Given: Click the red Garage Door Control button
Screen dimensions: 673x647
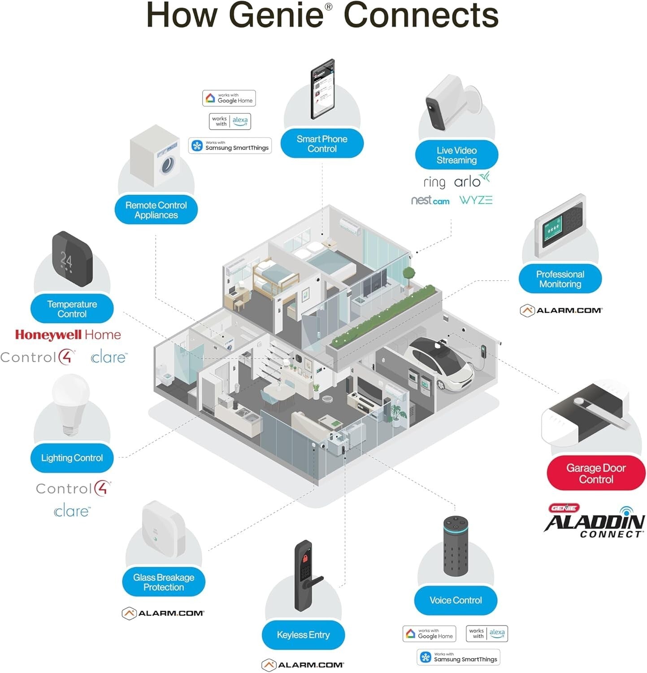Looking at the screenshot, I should [x=595, y=473].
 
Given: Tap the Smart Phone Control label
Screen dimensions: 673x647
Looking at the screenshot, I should [x=322, y=144].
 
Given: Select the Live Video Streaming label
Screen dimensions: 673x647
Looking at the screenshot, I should [x=456, y=155].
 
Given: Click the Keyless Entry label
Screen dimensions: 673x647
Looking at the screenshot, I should [x=303, y=635].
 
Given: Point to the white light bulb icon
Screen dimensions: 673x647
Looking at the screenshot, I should [x=71, y=404].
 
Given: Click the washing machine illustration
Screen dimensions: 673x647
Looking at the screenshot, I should [x=156, y=157].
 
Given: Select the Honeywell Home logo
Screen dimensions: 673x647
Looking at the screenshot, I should [x=68, y=335].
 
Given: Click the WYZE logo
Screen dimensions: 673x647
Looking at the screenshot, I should [x=476, y=200].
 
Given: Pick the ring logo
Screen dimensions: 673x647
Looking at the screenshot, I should [x=434, y=182].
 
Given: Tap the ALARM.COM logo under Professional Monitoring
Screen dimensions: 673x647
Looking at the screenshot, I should [x=561, y=310].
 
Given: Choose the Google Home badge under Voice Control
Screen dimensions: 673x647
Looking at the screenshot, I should [x=429, y=634].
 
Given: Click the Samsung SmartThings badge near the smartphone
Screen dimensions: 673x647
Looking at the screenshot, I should [x=230, y=146].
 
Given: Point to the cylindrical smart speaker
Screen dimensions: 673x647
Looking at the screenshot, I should [x=456, y=546].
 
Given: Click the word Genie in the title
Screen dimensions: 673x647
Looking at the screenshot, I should [x=276, y=15].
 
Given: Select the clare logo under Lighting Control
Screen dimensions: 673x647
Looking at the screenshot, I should [x=72, y=511].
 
